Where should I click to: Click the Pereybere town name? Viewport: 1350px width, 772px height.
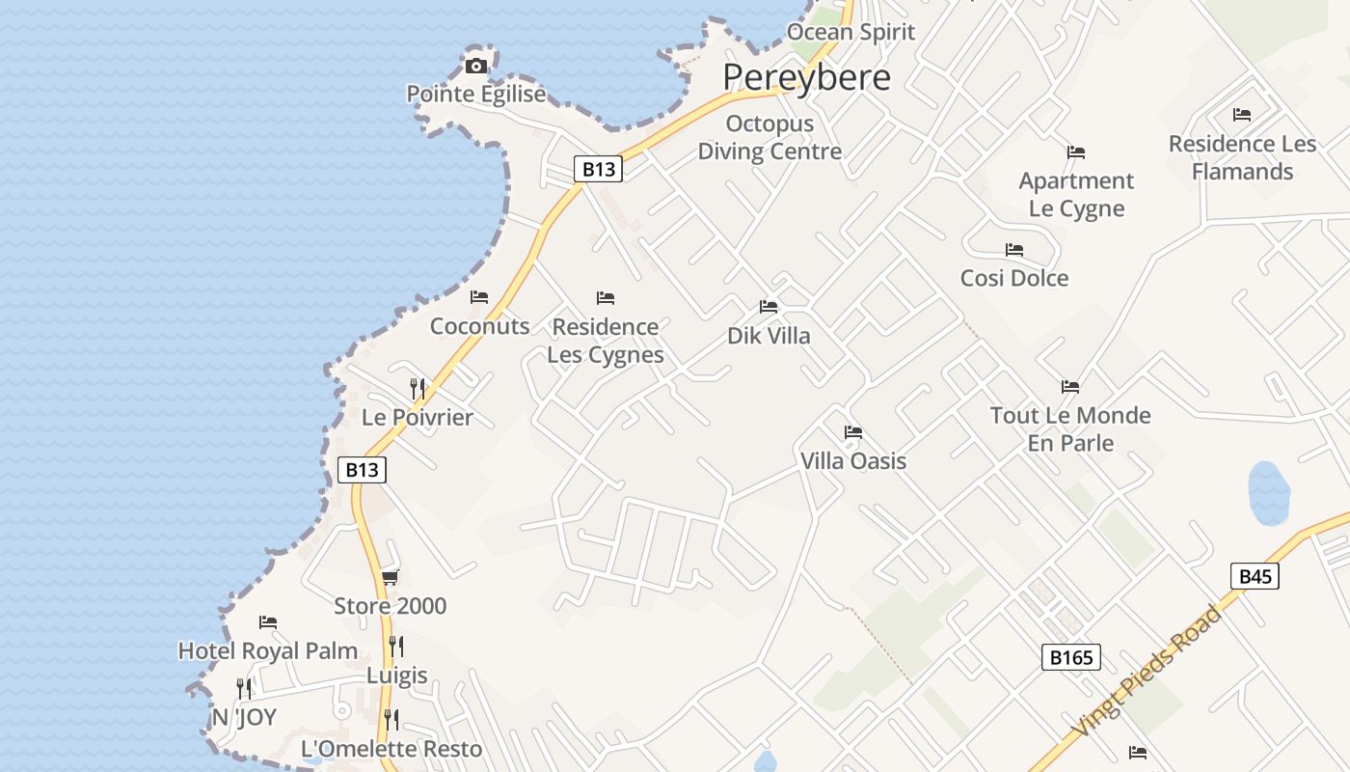[806, 77]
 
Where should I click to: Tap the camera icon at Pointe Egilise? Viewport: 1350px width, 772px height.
[475, 66]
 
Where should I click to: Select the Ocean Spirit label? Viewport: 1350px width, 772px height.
[850, 32]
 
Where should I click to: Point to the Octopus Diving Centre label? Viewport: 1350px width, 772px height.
[769, 137]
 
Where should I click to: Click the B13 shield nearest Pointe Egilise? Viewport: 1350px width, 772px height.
[599, 169]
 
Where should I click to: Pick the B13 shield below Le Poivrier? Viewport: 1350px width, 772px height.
[362, 470]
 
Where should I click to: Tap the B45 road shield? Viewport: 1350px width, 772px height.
[1255, 576]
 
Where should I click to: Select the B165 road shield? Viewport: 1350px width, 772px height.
[1070, 657]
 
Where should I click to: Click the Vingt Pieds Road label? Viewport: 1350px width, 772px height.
[1147, 672]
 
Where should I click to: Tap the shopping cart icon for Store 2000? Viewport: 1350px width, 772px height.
[390, 577]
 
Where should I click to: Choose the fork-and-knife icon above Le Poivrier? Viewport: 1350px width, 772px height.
[418, 388]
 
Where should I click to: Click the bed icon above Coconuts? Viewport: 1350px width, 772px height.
[479, 296]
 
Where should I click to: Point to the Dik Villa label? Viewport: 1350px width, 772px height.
[769, 336]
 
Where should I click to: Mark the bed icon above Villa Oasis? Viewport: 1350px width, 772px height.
[853, 431]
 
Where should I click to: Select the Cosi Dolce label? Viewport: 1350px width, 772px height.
[1014, 278]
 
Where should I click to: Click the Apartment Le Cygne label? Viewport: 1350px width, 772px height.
[1076, 194]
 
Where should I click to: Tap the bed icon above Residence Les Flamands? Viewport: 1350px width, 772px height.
[1242, 114]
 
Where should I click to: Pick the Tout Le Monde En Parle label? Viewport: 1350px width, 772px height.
[1070, 428]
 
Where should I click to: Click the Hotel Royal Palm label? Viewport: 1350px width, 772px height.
[268, 651]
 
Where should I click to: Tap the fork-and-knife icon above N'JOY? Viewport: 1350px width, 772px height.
[244, 688]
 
